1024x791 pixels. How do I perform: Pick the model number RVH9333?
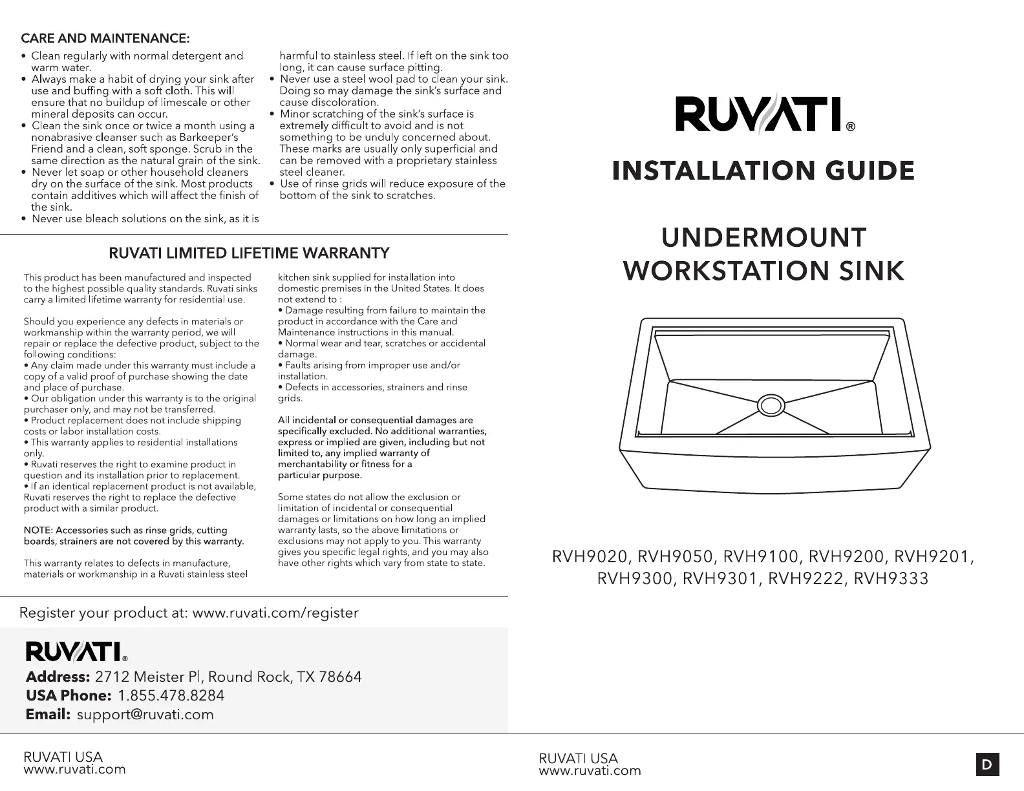(x=891, y=578)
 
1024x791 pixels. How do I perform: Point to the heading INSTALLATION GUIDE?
(x=763, y=171)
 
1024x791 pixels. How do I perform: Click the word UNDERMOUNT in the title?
(x=763, y=238)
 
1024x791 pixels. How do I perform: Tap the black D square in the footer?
(x=987, y=765)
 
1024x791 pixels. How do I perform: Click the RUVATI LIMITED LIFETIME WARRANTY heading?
(x=249, y=252)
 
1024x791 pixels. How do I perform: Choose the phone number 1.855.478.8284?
(x=171, y=695)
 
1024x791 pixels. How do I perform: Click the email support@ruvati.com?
(x=145, y=714)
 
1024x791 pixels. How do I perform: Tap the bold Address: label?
(x=58, y=677)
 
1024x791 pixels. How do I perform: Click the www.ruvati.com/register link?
(x=275, y=613)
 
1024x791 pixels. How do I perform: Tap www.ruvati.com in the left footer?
(x=74, y=769)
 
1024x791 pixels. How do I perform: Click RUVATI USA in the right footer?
(x=578, y=758)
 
